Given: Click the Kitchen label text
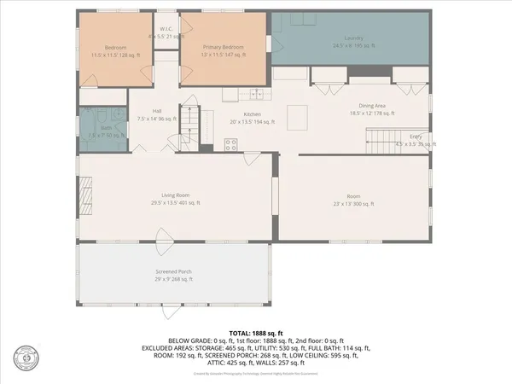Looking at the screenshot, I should pyautogui.click(x=252, y=113).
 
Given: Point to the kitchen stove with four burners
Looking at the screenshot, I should pyautogui.click(x=231, y=143).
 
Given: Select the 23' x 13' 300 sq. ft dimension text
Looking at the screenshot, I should pyautogui.click(x=353, y=203).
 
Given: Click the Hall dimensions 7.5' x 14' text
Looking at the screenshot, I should pyautogui.click(x=157, y=119).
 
